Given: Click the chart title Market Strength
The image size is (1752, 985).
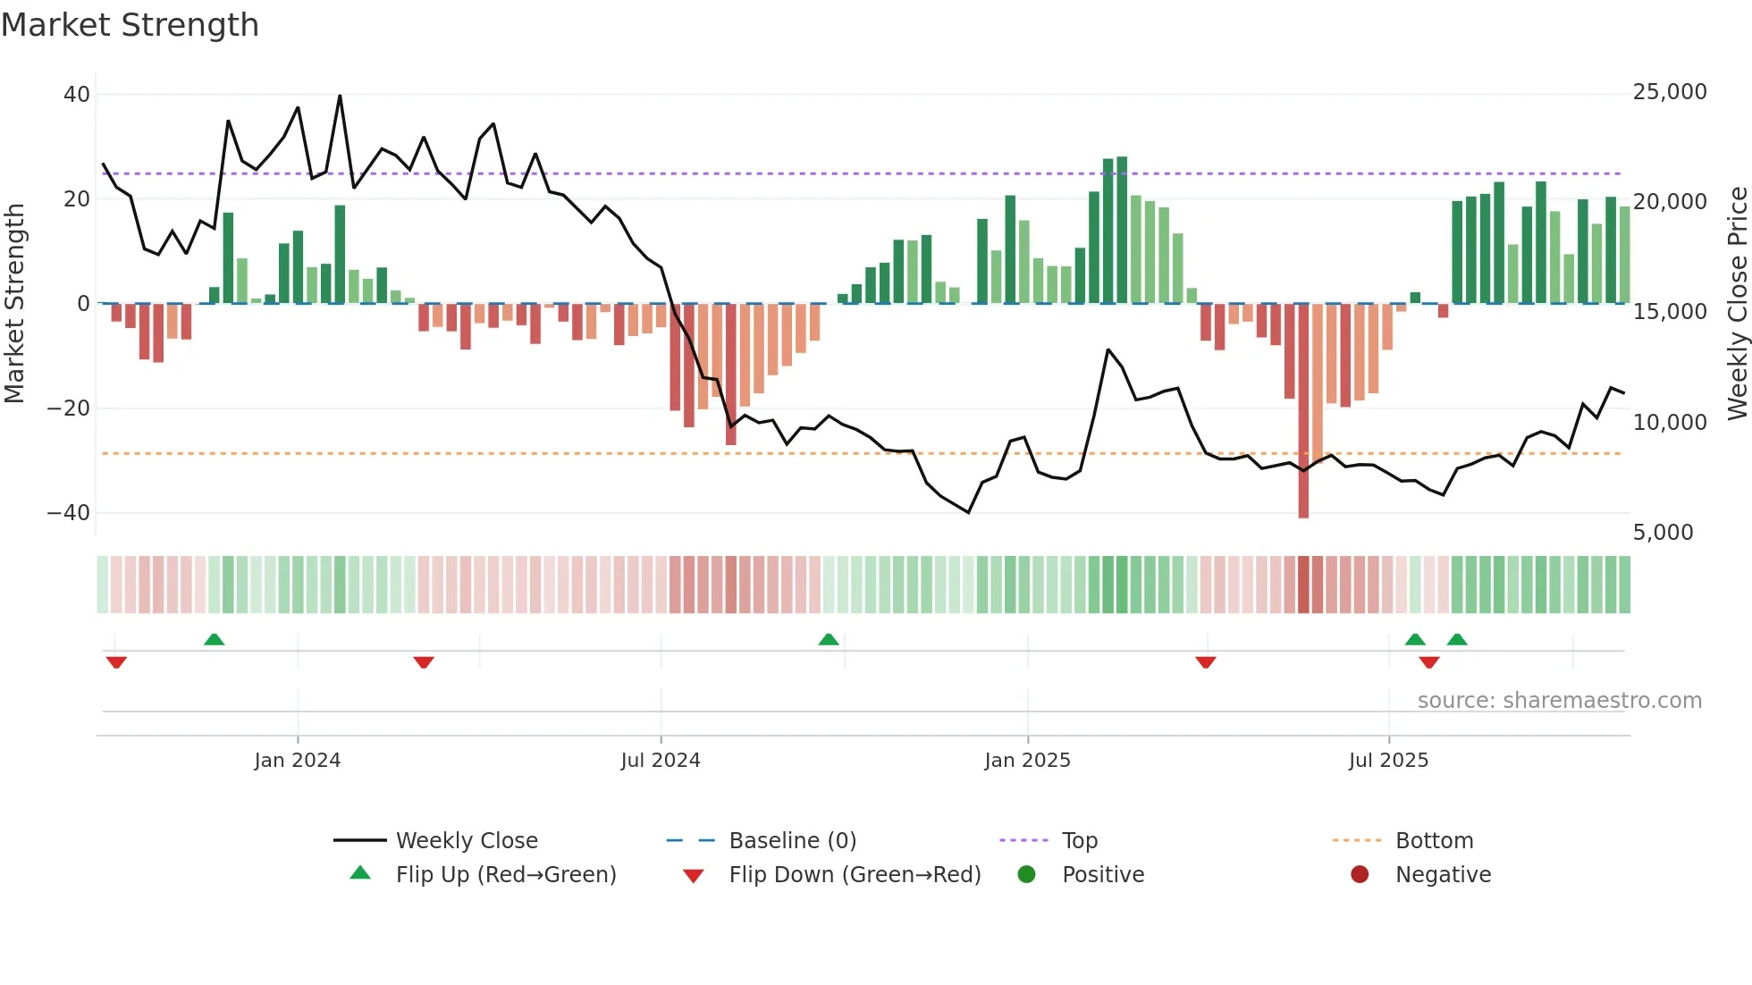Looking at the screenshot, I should tap(130, 25).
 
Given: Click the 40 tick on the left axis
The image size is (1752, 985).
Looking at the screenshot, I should tap(77, 95).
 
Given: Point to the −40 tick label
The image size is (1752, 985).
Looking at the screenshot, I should tap(69, 513).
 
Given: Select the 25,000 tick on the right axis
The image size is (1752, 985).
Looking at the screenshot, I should tap(1669, 92).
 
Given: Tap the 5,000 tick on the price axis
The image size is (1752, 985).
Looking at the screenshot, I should tap(1663, 533).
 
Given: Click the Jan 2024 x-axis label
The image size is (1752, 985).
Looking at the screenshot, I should tap(297, 761).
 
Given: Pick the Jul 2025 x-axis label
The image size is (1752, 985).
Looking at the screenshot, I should tap(1388, 761).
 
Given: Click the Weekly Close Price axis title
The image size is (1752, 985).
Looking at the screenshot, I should tap(1737, 304).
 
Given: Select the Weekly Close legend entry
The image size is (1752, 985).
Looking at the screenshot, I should tap(466, 841).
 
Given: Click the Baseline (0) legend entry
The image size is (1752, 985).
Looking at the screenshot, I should tap(792, 841).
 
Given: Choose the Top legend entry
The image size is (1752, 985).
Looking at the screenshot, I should tap(1079, 841).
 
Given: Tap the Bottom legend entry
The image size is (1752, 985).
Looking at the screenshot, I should tap(1434, 841).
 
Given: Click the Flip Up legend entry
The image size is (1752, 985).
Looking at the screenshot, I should tap(505, 875).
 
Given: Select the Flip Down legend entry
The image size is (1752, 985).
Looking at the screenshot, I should tap(854, 875).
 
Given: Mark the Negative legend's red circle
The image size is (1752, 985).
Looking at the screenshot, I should tap(1360, 874).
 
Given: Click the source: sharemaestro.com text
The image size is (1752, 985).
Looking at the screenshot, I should tap(1559, 701).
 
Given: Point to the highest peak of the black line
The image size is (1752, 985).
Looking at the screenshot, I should tap(340, 96).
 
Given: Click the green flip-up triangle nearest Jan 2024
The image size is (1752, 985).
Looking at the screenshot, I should tap(214, 640).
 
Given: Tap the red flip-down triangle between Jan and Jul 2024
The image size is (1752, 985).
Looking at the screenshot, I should tap(424, 662).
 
